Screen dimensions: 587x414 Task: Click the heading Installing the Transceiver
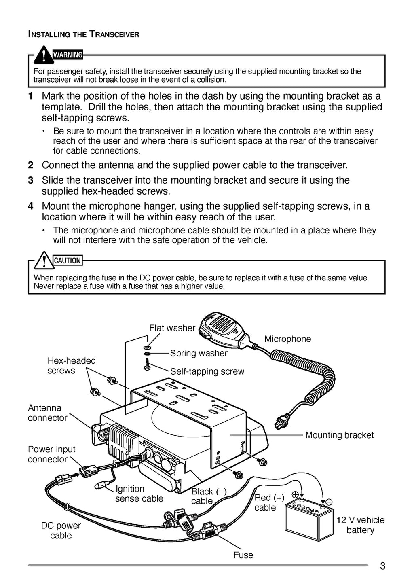click(83, 34)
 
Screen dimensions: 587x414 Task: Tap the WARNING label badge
click(68, 55)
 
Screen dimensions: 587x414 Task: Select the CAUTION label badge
click(68, 261)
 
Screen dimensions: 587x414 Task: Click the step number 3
click(31, 180)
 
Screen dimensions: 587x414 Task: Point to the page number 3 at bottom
click(382, 566)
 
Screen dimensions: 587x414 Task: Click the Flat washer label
click(172, 328)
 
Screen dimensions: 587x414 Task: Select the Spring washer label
click(199, 353)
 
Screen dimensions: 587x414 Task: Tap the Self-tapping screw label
click(207, 371)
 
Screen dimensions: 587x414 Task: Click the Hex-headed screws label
click(71, 366)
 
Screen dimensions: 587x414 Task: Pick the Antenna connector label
click(47, 413)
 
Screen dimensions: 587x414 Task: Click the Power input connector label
click(51, 454)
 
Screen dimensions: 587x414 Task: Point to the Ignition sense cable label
click(139, 494)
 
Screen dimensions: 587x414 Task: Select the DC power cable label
click(61, 530)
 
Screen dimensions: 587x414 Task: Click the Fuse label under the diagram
click(243, 555)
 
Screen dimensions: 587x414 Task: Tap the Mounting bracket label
click(339, 435)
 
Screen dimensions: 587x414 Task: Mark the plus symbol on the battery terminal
click(295, 494)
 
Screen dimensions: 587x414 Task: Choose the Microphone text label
click(287, 339)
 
